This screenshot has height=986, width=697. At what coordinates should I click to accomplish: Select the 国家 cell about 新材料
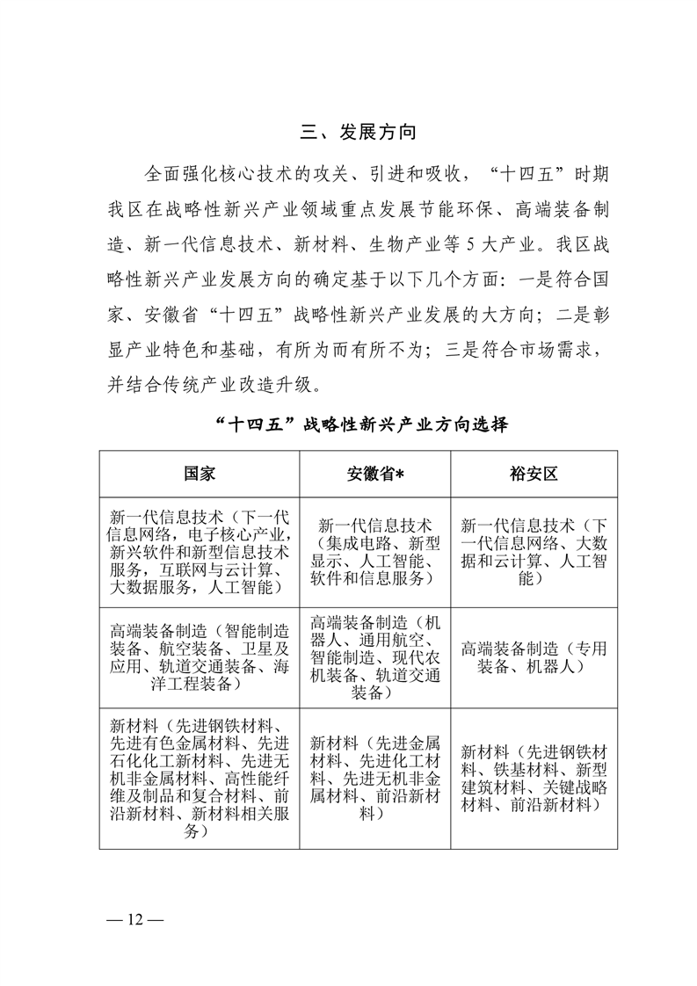click(x=200, y=779)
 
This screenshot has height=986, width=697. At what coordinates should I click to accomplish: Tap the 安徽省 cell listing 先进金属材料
click(x=374, y=779)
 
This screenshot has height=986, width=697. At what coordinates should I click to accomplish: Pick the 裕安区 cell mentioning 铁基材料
click(x=534, y=779)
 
